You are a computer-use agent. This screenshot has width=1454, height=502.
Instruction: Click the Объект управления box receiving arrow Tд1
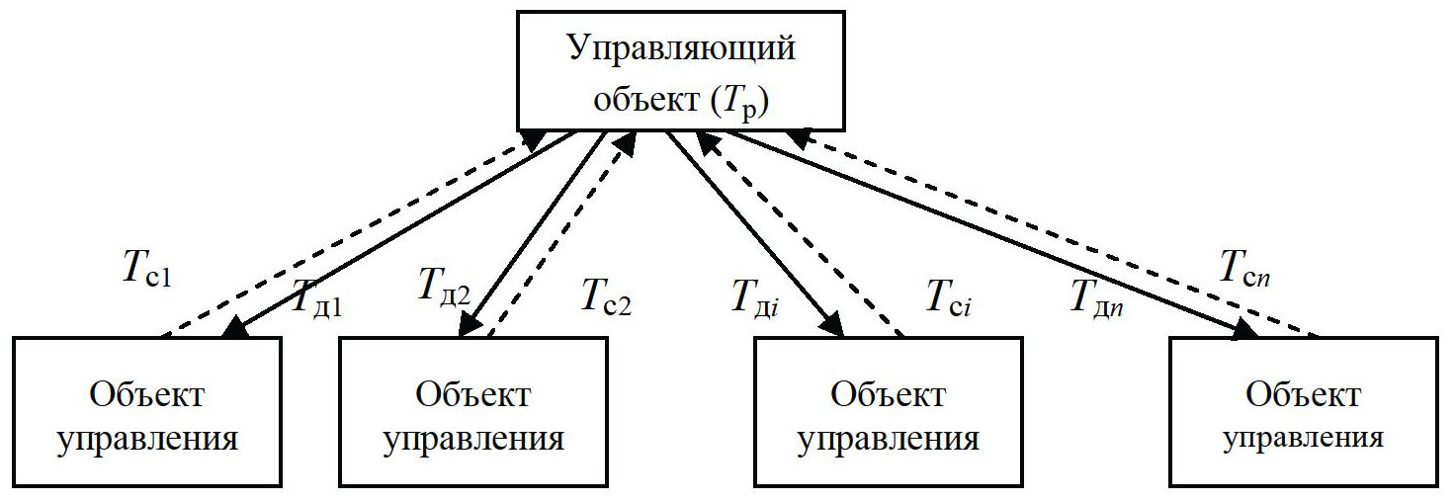click(147, 411)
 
